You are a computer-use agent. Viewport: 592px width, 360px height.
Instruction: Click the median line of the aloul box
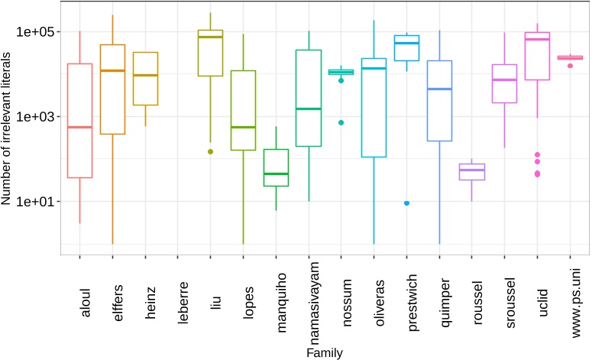point(79,127)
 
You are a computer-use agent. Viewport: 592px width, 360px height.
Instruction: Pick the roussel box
point(472,172)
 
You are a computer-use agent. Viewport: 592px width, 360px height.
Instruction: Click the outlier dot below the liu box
point(211,151)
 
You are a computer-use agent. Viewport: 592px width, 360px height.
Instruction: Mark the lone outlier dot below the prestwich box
point(406,203)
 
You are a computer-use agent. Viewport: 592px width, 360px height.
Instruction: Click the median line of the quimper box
point(439,89)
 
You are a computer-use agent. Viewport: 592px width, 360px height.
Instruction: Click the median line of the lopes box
point(243,127)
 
